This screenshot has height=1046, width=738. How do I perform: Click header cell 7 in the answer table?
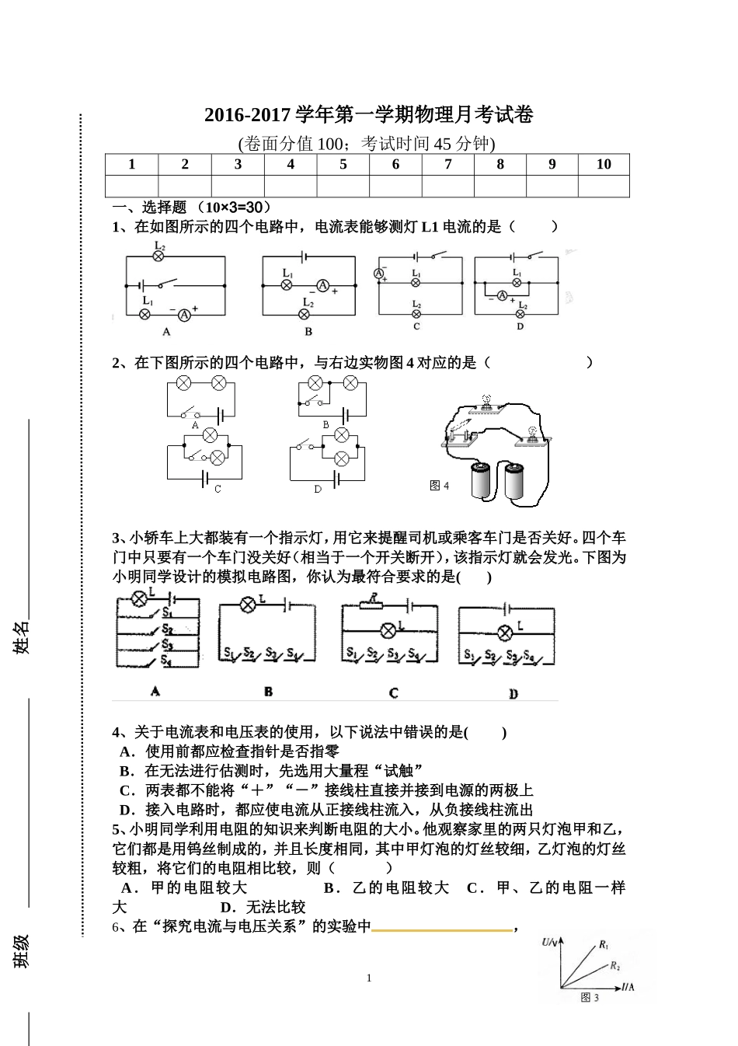pyautogui.click(x=447, y=164)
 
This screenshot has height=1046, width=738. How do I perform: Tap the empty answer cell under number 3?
pyautogui.click(x=238, y=186)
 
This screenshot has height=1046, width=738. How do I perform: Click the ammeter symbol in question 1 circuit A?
pyautogui.click(x=184, y=315)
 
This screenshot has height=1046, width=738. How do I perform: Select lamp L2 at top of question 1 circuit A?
pyautogui.click(x=158, y=255)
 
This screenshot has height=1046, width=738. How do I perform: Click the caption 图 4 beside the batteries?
pyautogui.click(x=439, y=486)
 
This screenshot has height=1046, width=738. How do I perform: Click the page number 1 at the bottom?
pyautogui.click(x=369, y=978)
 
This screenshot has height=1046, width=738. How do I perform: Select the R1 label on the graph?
pyautogui.click(x=604, y=946)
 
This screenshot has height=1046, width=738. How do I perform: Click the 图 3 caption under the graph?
pyautogui.click(x=590, y=998)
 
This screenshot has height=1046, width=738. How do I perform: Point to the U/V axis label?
pyautogui.click(x=550, y=942)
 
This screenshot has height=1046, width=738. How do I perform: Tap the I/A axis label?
pyautogui.click(x=628, y=987)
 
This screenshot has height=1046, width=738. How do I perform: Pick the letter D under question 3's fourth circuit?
pyautogui.click(x=513, y=693)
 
